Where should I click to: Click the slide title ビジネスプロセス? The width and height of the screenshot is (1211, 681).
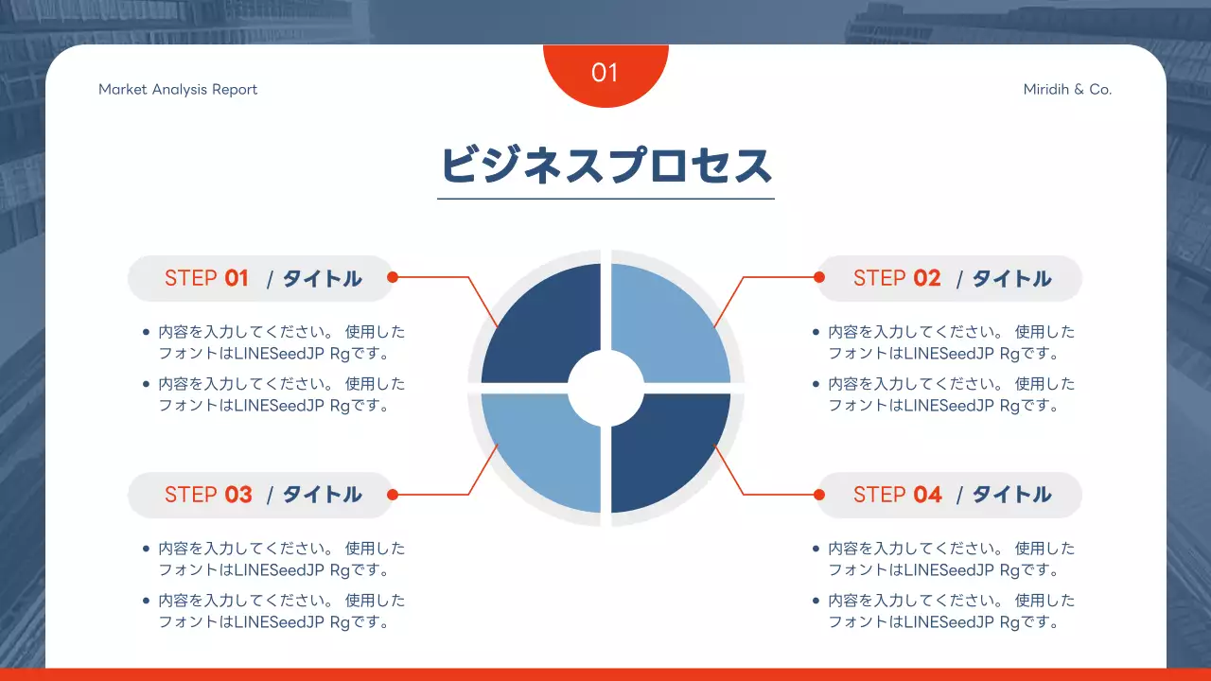605,166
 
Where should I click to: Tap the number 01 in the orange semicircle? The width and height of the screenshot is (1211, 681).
605,73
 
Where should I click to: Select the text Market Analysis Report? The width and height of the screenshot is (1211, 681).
178,90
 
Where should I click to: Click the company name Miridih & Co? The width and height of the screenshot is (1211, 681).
1067,90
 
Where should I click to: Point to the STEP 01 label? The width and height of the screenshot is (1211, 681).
206,278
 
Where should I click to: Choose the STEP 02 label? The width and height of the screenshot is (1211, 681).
896,278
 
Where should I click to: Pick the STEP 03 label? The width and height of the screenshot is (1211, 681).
208,495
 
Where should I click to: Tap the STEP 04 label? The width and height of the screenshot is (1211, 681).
897,495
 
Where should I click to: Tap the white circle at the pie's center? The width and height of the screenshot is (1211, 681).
605,388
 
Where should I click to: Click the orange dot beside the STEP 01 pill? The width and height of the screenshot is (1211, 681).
393,277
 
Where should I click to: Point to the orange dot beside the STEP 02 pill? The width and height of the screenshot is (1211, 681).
819,277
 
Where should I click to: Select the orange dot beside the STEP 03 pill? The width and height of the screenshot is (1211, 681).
393,494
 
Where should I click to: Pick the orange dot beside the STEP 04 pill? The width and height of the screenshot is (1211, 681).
819,494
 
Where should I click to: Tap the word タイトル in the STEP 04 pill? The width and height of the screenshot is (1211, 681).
1011,495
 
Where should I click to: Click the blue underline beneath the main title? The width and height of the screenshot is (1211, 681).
605,199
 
